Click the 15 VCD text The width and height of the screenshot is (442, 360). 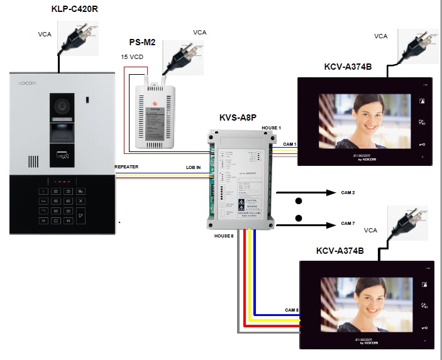132,57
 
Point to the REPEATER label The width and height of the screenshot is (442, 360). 126,166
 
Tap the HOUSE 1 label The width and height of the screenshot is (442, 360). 272,128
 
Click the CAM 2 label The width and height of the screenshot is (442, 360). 348,192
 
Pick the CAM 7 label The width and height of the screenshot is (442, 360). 348,223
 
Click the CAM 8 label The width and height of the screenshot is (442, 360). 292,310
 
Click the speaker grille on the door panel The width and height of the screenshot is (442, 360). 36,162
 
